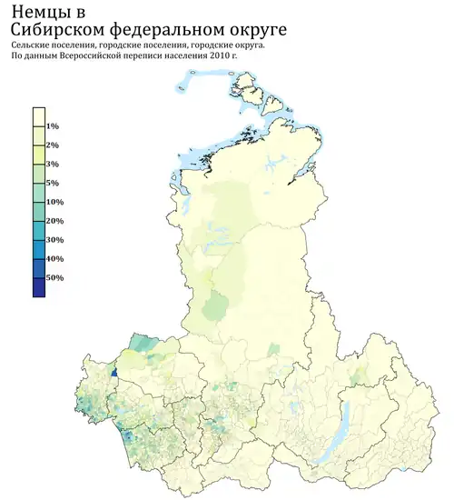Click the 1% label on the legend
point(53,125)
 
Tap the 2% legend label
point(53,145)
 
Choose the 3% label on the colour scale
point(53,164)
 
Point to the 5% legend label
point(53,183)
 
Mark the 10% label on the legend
point(54,202)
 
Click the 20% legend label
point(54,221)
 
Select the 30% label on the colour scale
point(54,240)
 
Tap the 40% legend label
point(54,259)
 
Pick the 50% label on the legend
point(54,278)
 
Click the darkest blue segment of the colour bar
point(39,287)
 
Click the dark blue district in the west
point(113,372)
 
